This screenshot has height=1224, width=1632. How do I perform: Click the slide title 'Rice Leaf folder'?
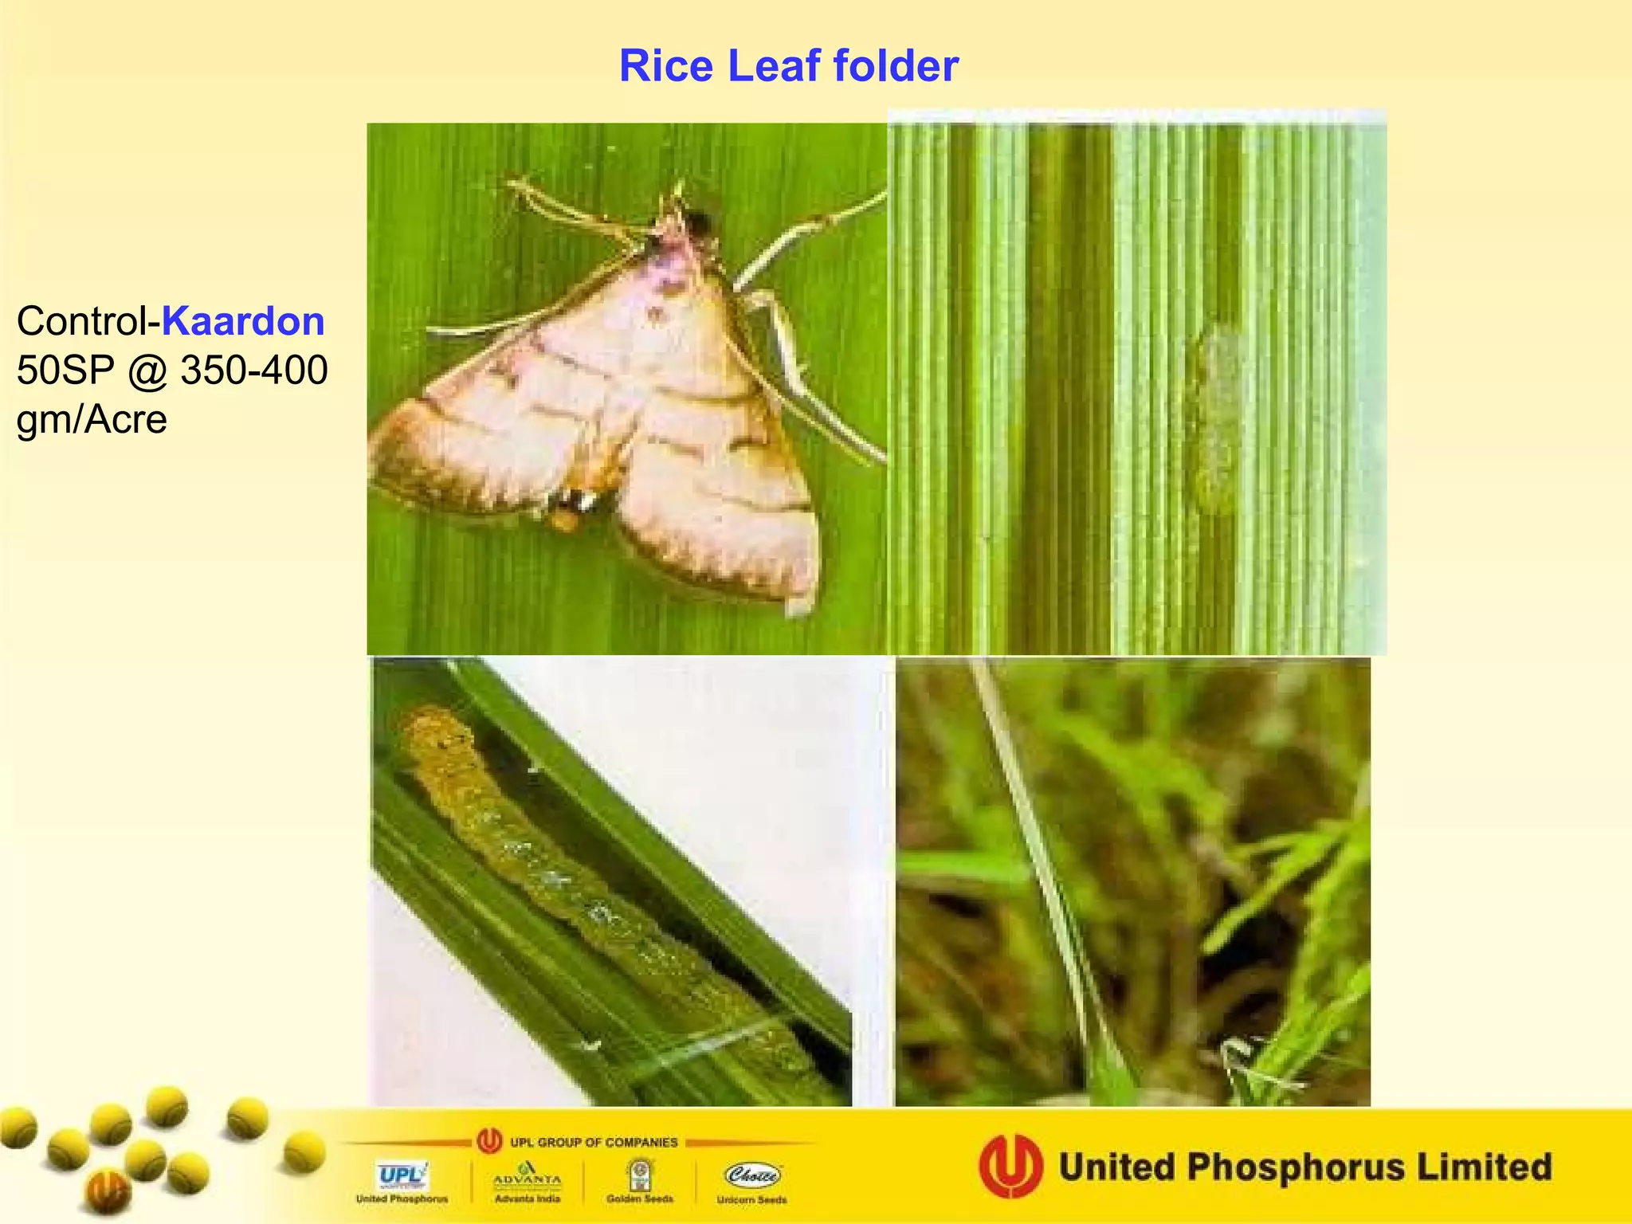pyautogui.click(x=788, y=65)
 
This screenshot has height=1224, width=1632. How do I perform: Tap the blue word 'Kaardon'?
pyautogui.click(x=243, y=321)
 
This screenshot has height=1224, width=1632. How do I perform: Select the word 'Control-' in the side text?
pyautogui.click(x=88, y=321)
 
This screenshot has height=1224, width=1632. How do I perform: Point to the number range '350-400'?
pyautogui.click(x=253, y=371)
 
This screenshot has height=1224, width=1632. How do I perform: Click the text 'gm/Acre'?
pyautogui.click(x=92, y=419)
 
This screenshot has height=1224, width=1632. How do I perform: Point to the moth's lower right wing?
pyautogui.click(x=717, y=510)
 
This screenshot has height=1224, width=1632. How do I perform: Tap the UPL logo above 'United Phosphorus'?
pyautogui.click(x=402, y=1175)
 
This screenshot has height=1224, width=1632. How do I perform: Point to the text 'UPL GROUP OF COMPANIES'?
pyautogui.click(x=594, y=1142)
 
